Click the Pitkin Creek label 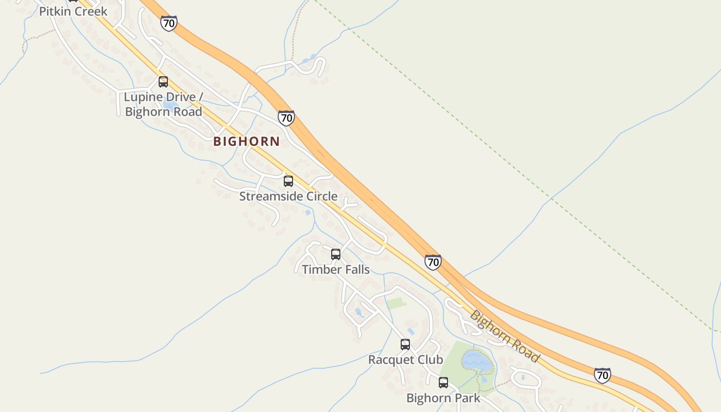(x=73, y=11)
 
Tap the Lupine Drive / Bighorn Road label (x=163, y=104)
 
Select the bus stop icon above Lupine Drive (x=163, y=82)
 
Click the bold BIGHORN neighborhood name (x=247, y=141)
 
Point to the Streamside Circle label (x=288, y=196)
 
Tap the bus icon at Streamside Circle (x=288, y=181)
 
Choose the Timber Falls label (x=336, y=269)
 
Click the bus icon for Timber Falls (x=336, y=254)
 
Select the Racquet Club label (x=405, y=359)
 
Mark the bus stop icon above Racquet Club (x=405, y=345)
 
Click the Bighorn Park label (x=443, y=398)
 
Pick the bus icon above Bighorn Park (x=443, y=383)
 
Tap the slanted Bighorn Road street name (x=505, y=337)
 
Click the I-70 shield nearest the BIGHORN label (x=286, y=118)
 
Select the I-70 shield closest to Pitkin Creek (x=168, y=23)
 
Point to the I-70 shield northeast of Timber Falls (x=433, y=262)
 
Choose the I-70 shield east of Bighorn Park (x=603, y=375)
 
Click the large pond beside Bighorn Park (x=477, y=361)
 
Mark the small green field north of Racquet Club (x=397, y=303)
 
